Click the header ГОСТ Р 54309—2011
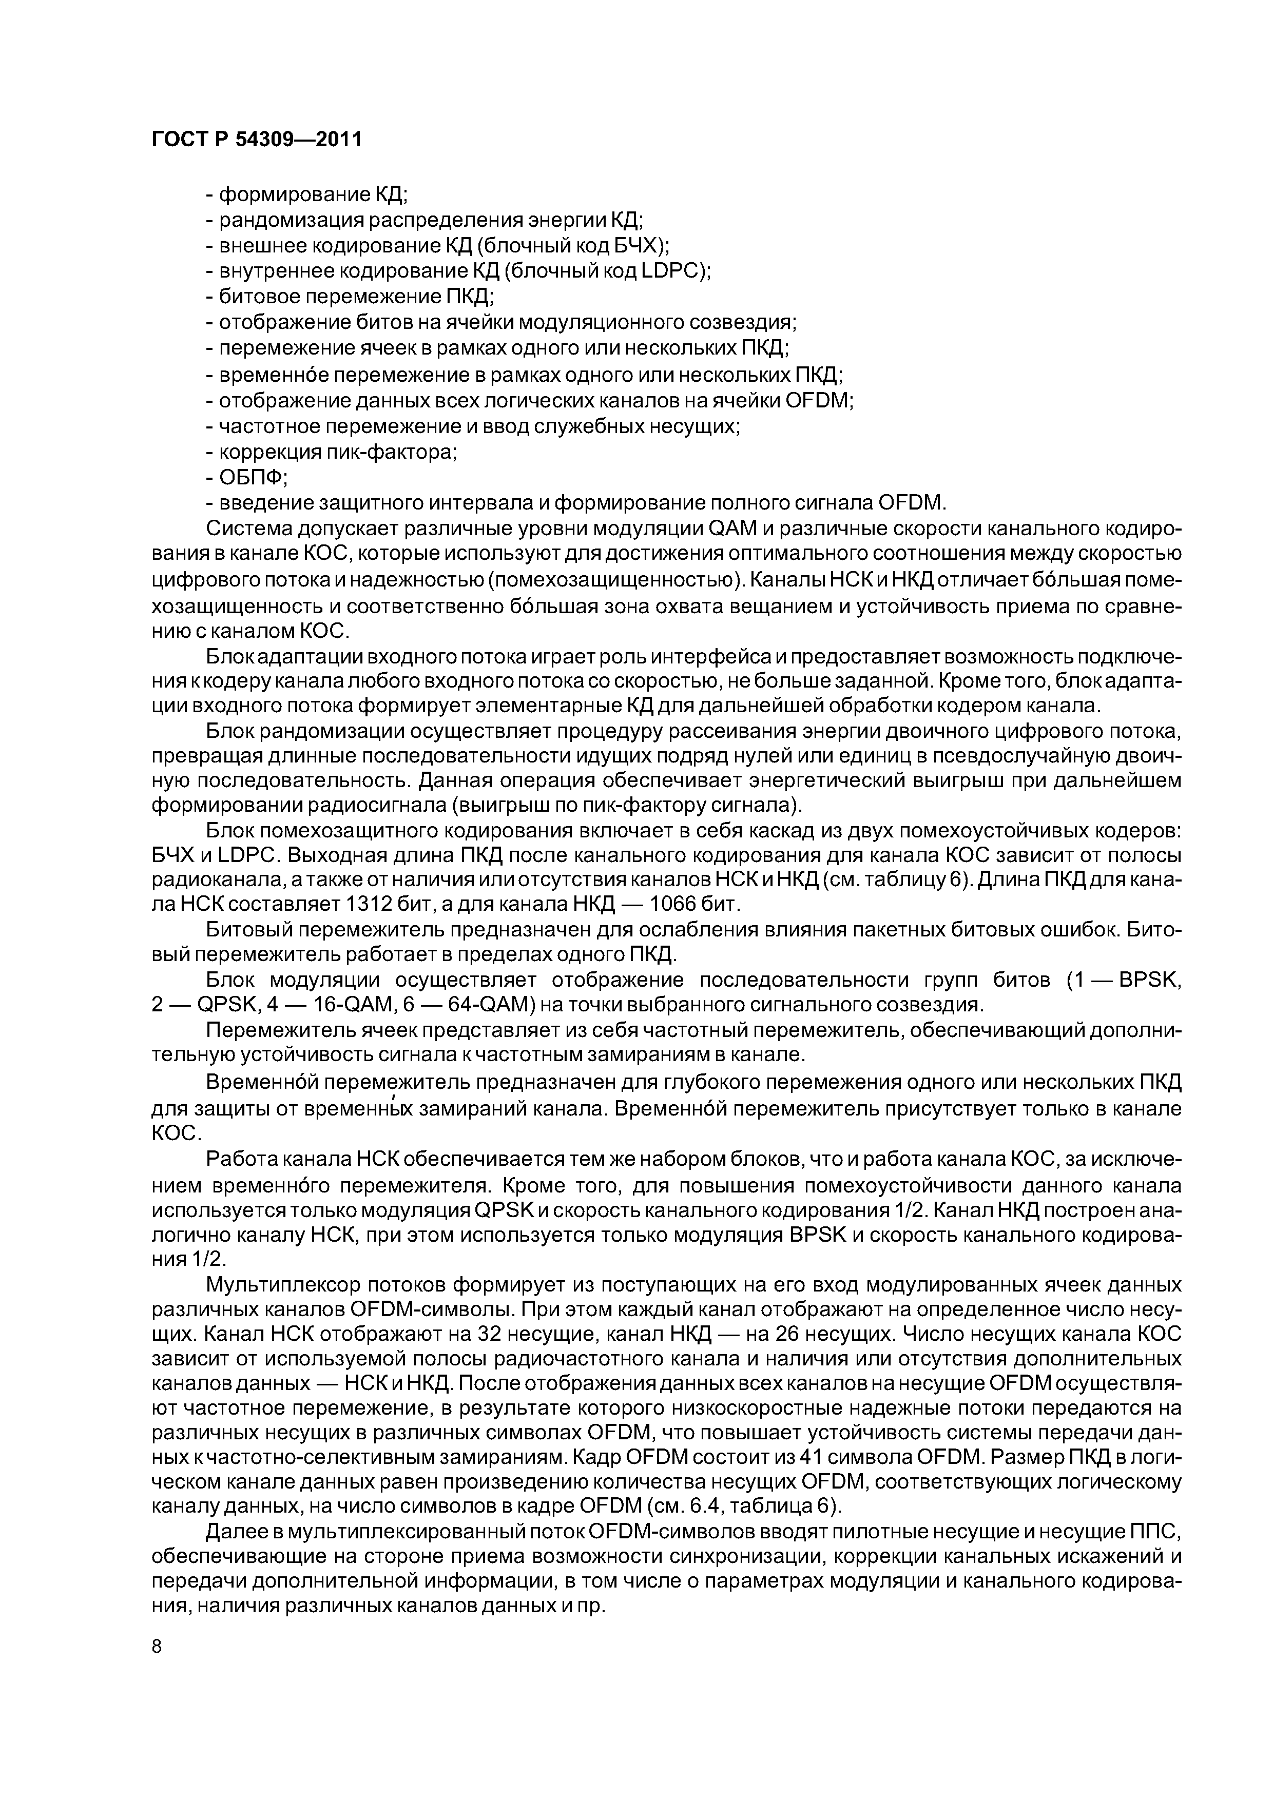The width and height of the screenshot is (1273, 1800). [x=257, y=140]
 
